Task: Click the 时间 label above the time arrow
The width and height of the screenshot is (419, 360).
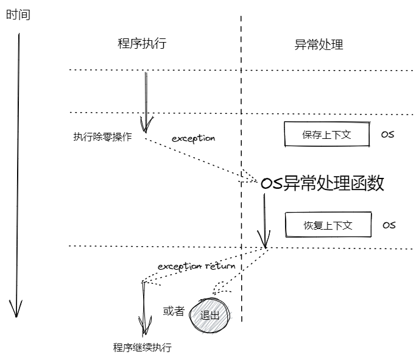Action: click(x=18, y=14)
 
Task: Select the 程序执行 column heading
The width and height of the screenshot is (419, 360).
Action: click(x=141, y=44)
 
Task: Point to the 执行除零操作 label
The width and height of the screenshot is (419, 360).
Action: click(x=102, y=137)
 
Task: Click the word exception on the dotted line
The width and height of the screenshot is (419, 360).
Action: click(x=193, y=138)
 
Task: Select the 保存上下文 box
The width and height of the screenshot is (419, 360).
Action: click(x=327, y=135)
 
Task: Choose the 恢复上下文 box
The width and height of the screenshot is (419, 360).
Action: click(x=328, y=225)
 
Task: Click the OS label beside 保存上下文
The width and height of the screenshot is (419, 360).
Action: click(x=387, y=135)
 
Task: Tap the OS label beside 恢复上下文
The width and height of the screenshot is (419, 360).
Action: click(x=389, y=225)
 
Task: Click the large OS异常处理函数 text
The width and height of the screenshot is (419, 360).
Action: click(x=322, y=183)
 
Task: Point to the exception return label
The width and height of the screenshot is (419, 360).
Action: click(x=196, y=266)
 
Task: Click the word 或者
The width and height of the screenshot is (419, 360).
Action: click(x=174, y=311)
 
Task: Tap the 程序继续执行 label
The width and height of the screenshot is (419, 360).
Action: click(x=143, y=348)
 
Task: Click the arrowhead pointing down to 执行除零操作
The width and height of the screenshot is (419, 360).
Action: click(x=146, y=126)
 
